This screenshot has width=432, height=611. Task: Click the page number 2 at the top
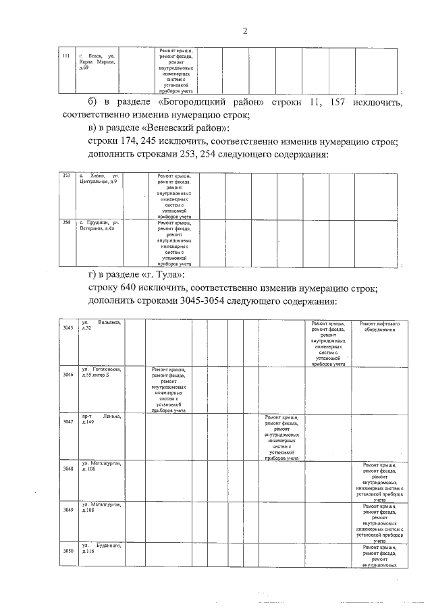[x=245, y=30]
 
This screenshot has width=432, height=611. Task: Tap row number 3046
[x=67, y=374]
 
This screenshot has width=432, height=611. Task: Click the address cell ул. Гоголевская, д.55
[x=101, y=371]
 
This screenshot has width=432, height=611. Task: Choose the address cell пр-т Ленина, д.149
[x=101, y=419]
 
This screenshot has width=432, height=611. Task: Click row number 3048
[x=67, y=468]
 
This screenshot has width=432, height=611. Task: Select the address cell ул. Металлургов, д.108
[x=101, y=507]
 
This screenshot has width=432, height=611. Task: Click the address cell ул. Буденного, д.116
[x=101, y=548]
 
